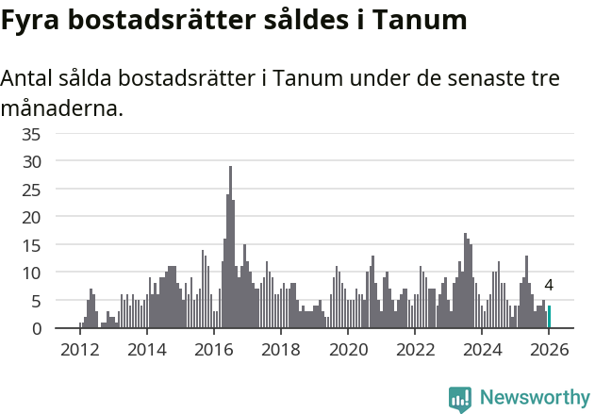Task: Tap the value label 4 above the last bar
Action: pos(549,286)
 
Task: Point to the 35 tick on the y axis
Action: pos(32,134)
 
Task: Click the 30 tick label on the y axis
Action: pos(32,161)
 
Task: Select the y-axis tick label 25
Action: pos(32,190)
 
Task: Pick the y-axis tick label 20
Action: pos(32,217)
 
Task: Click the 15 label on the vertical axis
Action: pos(32,245)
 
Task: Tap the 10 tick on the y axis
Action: pos(32,273)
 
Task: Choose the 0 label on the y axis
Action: pos(37,328)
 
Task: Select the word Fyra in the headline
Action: pos(34,21)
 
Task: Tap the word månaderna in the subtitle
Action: pos(61,108)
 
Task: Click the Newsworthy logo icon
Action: pos(460,398)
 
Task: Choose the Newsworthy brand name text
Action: pos(534,398)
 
